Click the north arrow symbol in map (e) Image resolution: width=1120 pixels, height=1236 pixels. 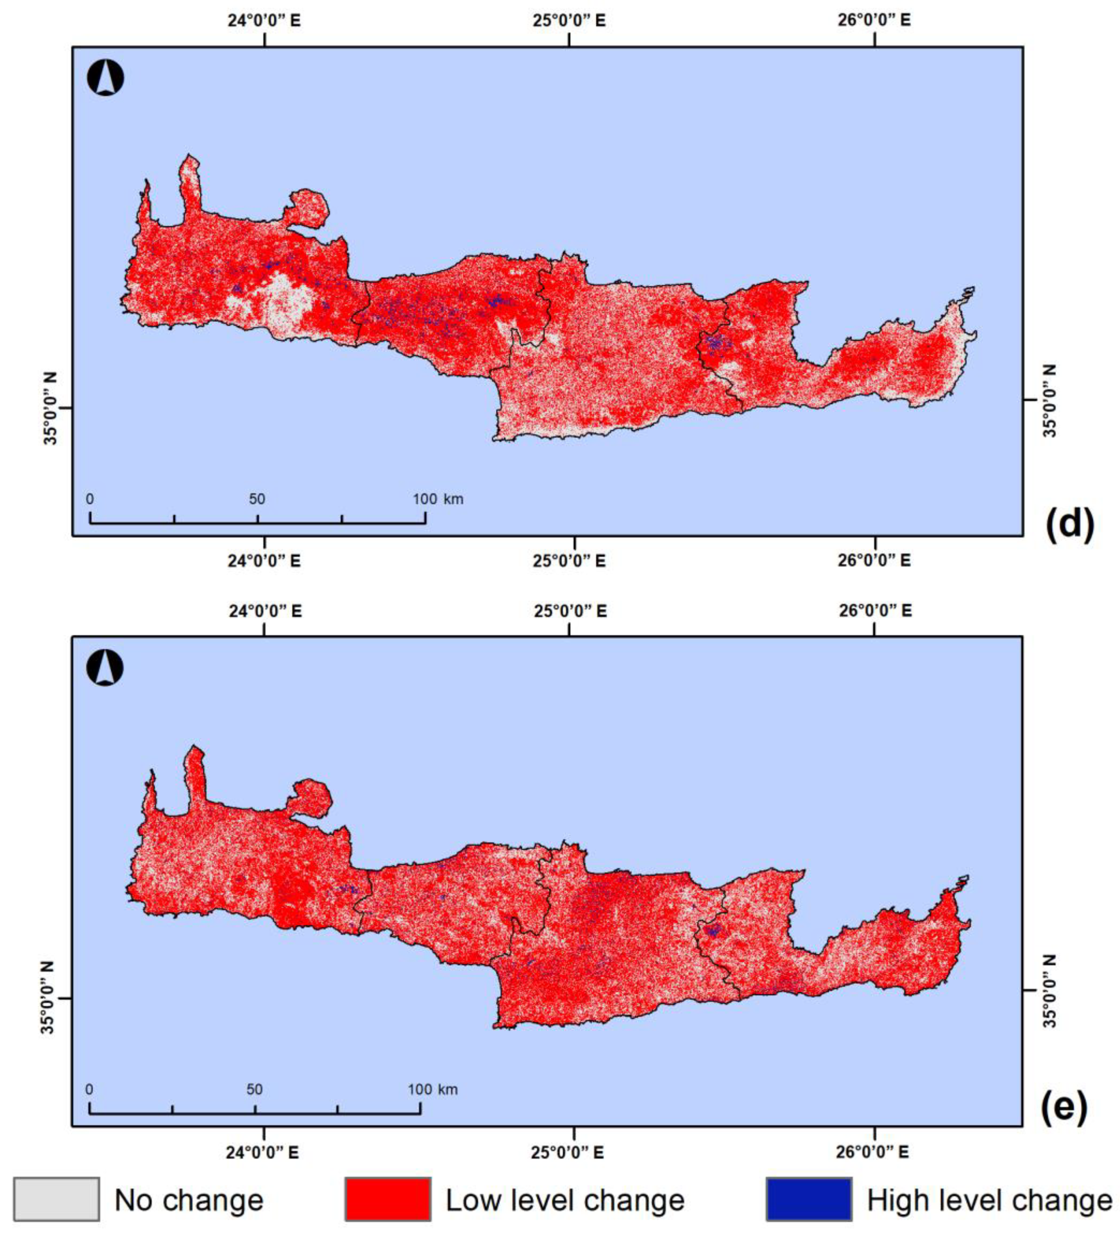tap(105, 668)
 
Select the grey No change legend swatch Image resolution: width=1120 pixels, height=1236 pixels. tap(56, 1198)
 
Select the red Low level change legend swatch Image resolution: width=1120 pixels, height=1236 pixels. tap(387, 1198)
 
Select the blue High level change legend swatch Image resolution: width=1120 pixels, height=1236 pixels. tap(808, 1198)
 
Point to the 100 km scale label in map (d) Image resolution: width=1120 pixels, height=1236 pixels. tap(438, 498)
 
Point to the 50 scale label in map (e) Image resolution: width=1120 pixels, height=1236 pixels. tap(254, 1089)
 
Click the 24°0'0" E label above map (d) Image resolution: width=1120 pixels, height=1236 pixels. tap(264, 20)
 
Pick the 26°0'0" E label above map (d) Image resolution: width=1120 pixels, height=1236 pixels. tap(874, 20)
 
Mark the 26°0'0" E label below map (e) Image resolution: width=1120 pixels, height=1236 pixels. tap(872, 1152)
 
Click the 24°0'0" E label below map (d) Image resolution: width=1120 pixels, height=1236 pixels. tap(264, 561)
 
